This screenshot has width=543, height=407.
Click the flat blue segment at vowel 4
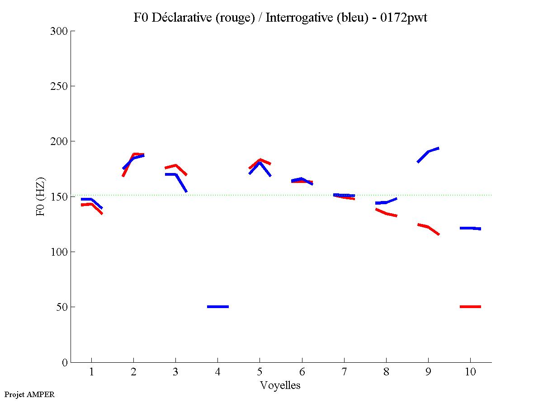pos(218,307)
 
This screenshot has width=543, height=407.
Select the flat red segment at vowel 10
pos(470,307)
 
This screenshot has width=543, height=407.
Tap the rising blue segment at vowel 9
pos(428,152)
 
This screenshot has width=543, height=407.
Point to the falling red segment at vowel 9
pos(428,227)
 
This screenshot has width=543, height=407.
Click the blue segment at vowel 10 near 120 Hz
pos(470,228)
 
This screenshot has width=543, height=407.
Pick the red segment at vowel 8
pos(386,213)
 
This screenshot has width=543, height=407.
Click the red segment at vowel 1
pos(92,205)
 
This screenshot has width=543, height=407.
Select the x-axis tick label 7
pos(344,372)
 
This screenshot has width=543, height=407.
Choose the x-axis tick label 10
pos(470,372)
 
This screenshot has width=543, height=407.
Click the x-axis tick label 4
pos(218,372)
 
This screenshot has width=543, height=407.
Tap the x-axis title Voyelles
pos(280,385)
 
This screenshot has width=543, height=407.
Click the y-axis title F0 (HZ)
pos(41,196)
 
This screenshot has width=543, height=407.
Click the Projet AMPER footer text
pos(29,394)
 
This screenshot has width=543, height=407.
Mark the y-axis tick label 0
pos(65,362)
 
